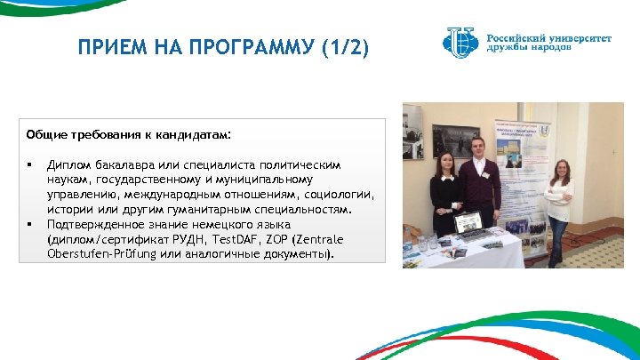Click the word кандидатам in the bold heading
tap(185, 134)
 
